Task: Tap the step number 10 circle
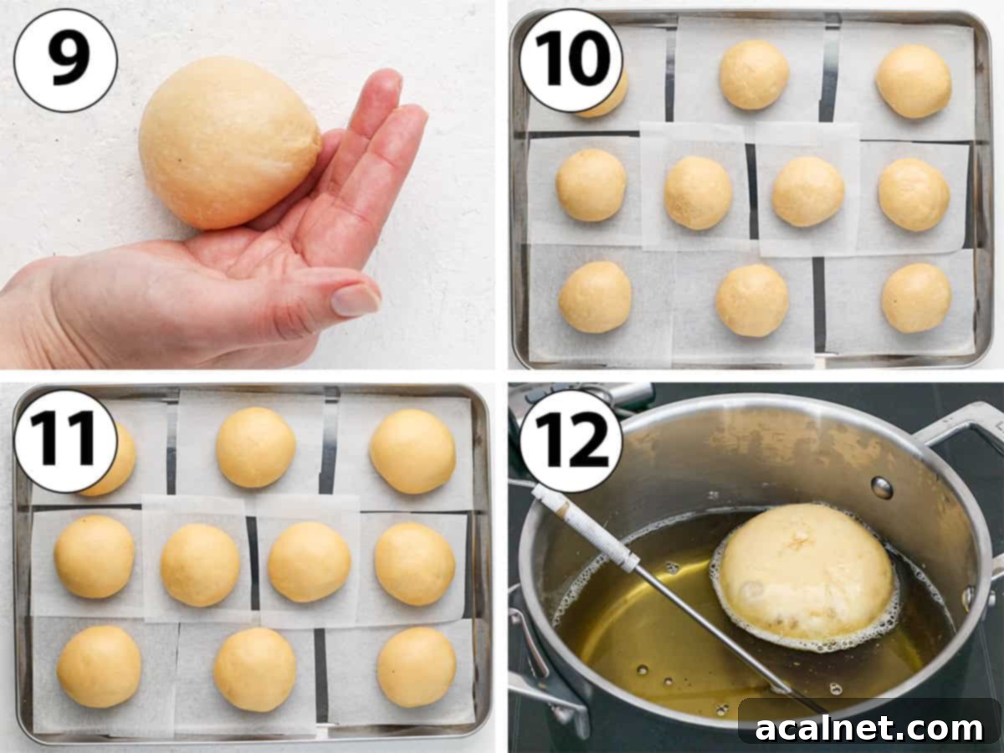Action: [571, 60]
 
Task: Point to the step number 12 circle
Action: [571, 441]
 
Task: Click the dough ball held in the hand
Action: [228, 143]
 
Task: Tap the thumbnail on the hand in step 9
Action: [356, 300]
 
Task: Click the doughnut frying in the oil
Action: [805, 571]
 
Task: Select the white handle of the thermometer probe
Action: [585, 528]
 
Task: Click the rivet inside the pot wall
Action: [881, 487]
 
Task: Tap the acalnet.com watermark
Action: [869, 728]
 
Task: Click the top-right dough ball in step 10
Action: [913, 81]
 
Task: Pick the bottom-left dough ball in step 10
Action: [595, 297]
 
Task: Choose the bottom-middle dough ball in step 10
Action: [751, 300]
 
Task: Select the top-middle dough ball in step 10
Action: [754, 75]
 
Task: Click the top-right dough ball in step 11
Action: [412, 451]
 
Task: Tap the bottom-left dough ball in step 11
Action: [99, 667]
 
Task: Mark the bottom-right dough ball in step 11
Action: [416, 667]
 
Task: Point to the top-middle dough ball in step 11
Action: [255, 447]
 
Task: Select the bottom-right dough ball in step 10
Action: [915, 298]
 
